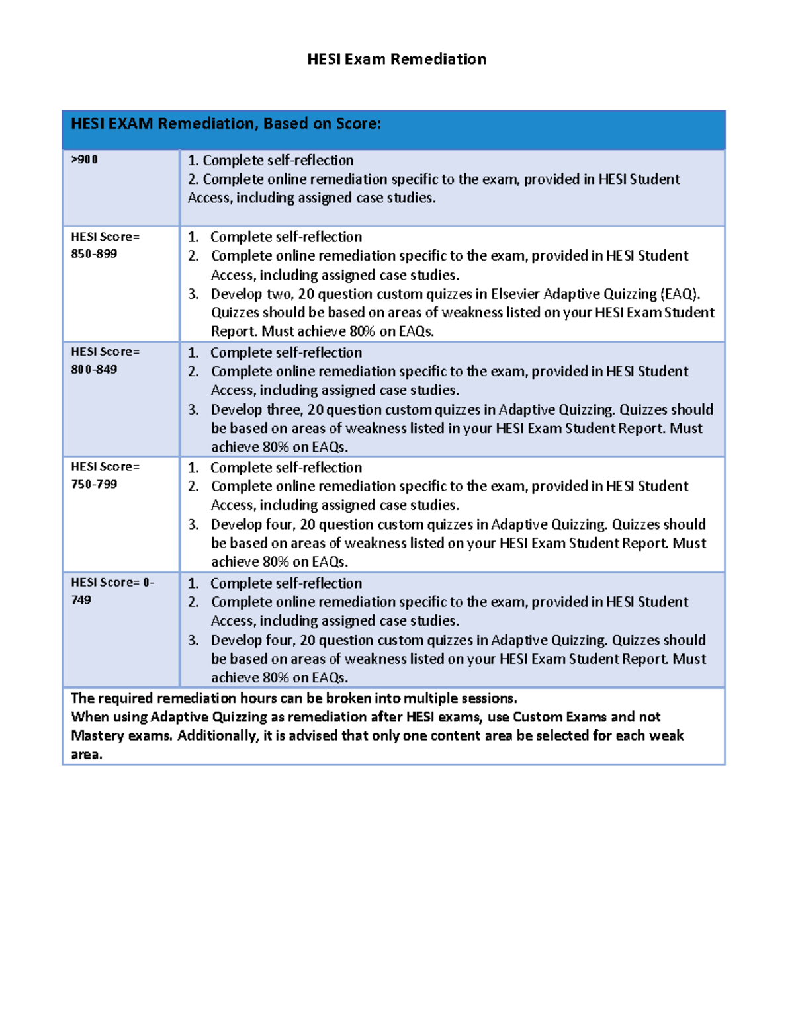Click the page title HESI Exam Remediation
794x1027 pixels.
coord(396,60)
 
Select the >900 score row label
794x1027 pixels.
coord(85,159)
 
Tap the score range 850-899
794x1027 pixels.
coord(94,254)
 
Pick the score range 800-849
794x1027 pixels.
coord(94,370)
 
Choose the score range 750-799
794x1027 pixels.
coord(94,485)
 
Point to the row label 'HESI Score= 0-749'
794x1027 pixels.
coord(112,591)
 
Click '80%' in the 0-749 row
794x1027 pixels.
coord(275,678)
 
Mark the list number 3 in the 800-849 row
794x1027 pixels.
coord(193,410)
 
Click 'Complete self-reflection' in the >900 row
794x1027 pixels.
coord(278,161)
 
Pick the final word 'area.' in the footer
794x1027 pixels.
coord(87,755)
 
